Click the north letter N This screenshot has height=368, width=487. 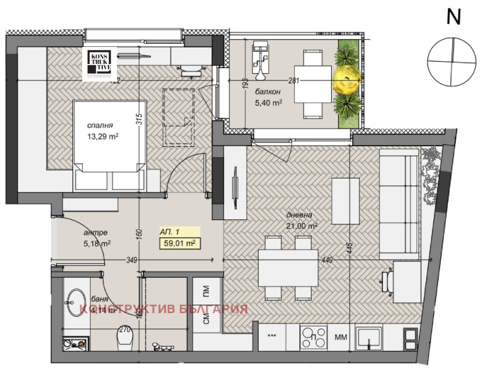coord(453,16)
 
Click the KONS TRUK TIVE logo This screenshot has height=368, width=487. coord(100,63)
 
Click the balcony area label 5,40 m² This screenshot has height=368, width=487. coord(268,103)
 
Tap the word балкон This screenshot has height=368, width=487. coord(268,92)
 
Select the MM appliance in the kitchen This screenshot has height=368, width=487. coord(341,336)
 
